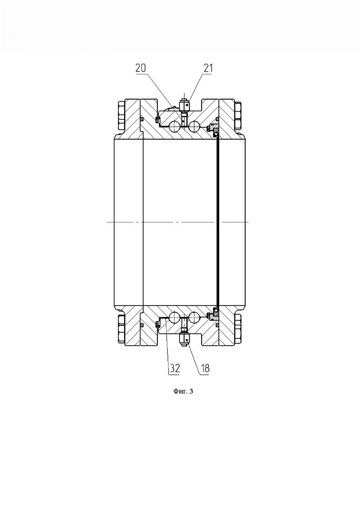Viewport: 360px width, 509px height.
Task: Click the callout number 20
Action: pos(141,68)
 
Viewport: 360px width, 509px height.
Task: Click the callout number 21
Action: pos(208,68)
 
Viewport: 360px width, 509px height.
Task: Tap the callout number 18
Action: pos(205,368)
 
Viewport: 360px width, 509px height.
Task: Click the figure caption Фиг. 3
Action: pos(182,391)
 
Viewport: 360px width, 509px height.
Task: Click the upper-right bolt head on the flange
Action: pos(238,116)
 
